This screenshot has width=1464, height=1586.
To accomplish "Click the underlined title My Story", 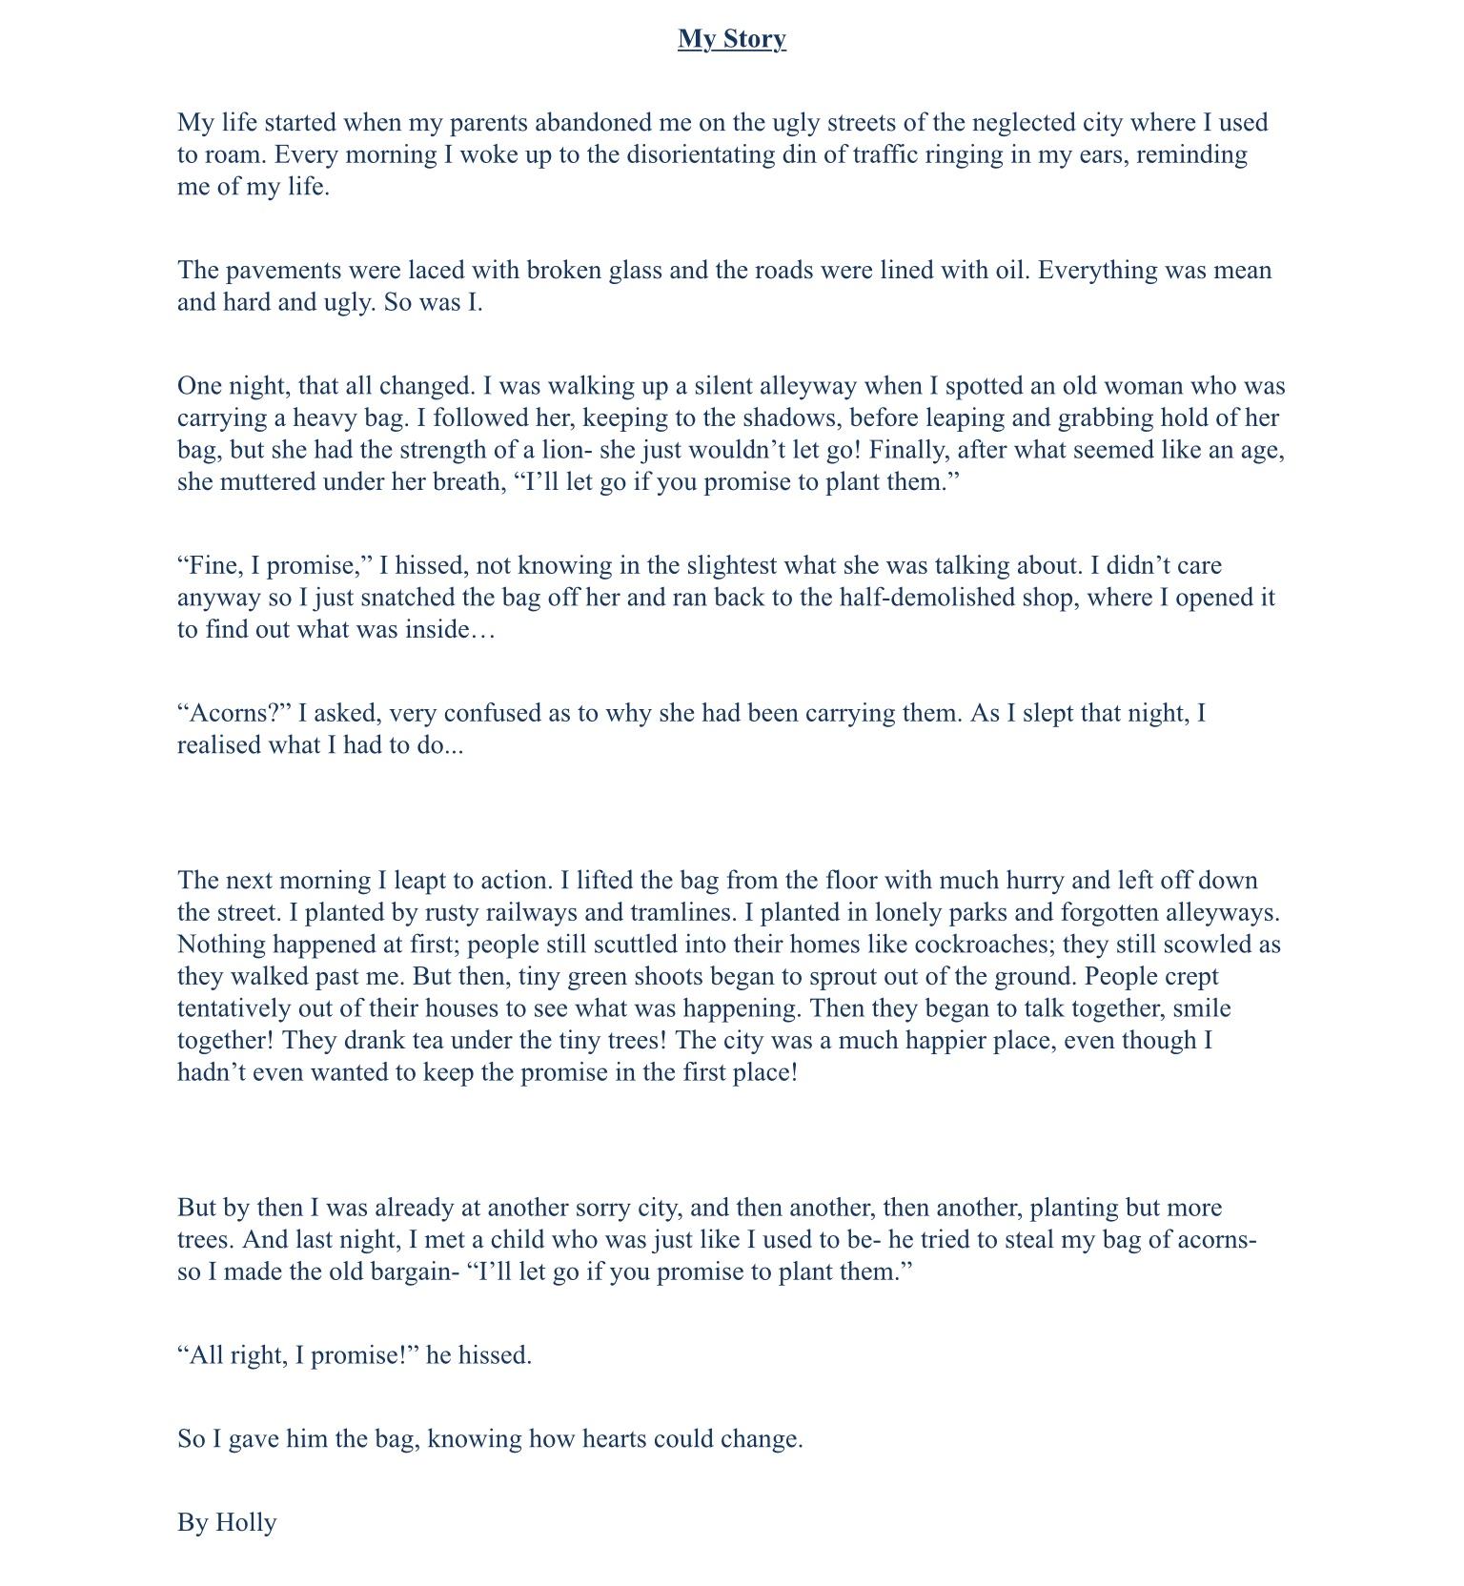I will (x=731, y=39).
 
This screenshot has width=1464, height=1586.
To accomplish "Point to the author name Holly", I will (x=246, y=1523).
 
